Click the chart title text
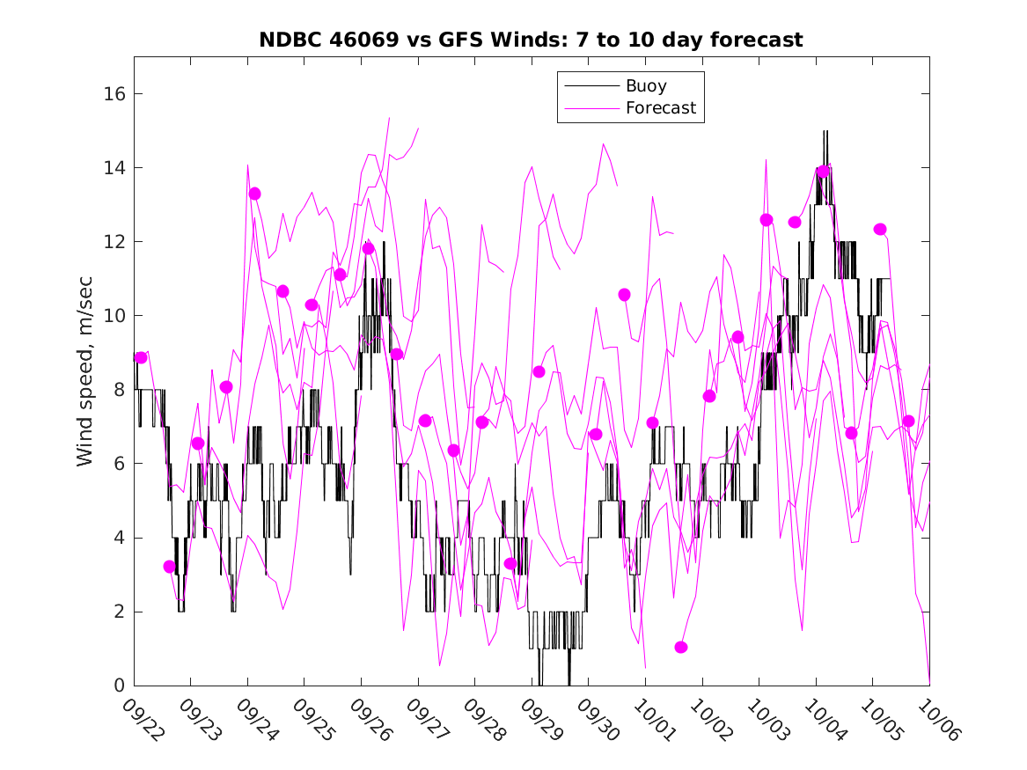point(531,40)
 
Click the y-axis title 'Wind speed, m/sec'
point(84,370)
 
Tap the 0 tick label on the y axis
point(121,686)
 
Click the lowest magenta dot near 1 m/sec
point(680,648)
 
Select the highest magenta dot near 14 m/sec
point(823,172)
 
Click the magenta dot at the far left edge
point(141,357)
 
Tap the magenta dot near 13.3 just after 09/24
point(254,194)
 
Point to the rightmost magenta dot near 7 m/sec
point(908,422)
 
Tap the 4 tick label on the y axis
point(121,538)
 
